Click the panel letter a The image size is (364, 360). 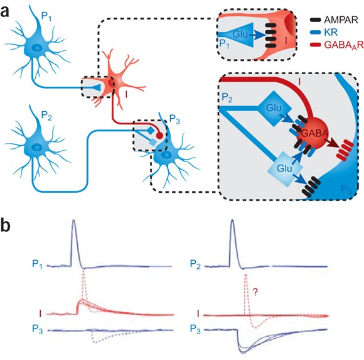pyautogui.click(x=5, y=12)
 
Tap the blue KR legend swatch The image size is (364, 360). pyautogui.click(x=316, y=33)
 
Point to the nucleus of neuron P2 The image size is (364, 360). pyautogui.click(x=36, y=147)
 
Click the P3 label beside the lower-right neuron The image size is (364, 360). pyautogui.click(x=174, y=120)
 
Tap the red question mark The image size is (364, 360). pyautogui.click(x=255, y=292)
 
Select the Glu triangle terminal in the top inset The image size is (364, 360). pyautogui.click(x=242, y=35)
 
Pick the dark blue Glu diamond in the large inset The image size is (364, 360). pyautogui.click(x=274, y=108)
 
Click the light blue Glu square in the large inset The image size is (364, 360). pyautogui.click(x=285, y=168)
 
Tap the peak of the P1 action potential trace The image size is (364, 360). pyautogui.click(x=74, y=220)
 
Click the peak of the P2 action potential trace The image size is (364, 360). pyautogui.click(x=232, y=220)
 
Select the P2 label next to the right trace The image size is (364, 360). pyautogui.click(x=195, y=265)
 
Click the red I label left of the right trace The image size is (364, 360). pyautogui.click(x=198, y=314)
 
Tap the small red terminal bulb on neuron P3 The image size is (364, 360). pyautogui.click(x=159, y=136)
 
